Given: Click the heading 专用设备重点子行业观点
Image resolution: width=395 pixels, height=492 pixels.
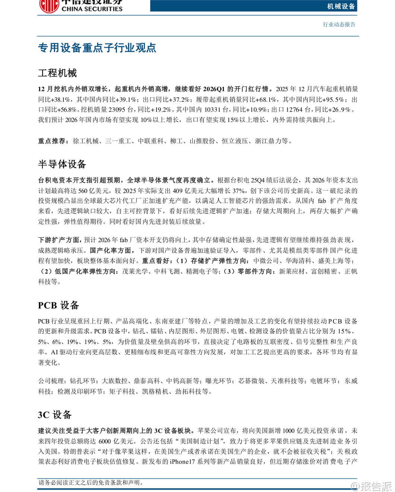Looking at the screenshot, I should point(97,48).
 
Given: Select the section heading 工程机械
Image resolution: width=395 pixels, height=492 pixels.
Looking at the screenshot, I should point(57,73).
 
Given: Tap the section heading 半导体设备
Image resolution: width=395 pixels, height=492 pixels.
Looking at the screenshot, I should point(62,164).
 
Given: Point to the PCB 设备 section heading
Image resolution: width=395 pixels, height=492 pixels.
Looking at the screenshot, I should point(59,305).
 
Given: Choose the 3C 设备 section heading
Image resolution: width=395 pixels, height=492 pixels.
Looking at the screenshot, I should point(55,415).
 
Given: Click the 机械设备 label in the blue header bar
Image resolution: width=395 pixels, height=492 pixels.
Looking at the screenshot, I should point(341,6).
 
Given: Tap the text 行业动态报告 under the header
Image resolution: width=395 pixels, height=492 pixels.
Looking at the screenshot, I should point(339,25).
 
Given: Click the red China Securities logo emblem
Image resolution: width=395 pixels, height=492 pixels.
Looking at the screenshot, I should point(49,5).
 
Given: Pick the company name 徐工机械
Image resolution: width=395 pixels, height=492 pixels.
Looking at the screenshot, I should point(86,141).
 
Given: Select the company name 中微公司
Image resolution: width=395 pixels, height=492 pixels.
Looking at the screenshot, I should point(266,261).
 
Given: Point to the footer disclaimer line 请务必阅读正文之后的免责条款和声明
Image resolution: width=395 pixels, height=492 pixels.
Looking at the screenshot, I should point(91,483).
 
